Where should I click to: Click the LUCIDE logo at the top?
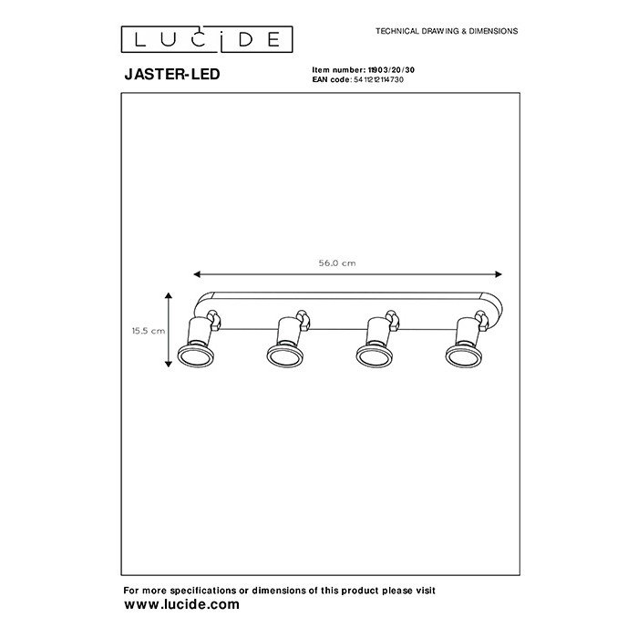(207, 39)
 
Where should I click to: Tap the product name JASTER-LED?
(172, 74)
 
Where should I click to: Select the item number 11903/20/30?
(391, 70)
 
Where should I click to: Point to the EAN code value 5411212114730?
(378, 80)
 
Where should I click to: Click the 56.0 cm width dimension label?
(337, 263)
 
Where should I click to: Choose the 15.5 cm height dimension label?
(149, 331)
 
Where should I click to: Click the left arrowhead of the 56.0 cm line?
(197, 274)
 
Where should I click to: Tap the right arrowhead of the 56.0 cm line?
(499, 274)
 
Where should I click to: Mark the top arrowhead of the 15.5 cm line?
(169, 296)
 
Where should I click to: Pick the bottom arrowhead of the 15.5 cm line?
(169, 364)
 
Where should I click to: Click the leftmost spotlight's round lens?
(195, 356)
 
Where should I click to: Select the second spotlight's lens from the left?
(284, 356)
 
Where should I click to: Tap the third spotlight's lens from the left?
(375, 356)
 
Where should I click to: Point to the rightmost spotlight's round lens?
(464, 356)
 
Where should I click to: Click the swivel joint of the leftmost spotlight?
(214, 320)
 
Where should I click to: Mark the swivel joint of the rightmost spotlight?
(482, 320)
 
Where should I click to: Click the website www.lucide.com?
(181, 604)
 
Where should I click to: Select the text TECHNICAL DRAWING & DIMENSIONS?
(447, 31)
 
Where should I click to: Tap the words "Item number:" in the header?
(339, 70)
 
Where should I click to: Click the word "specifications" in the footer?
(203, 591)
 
